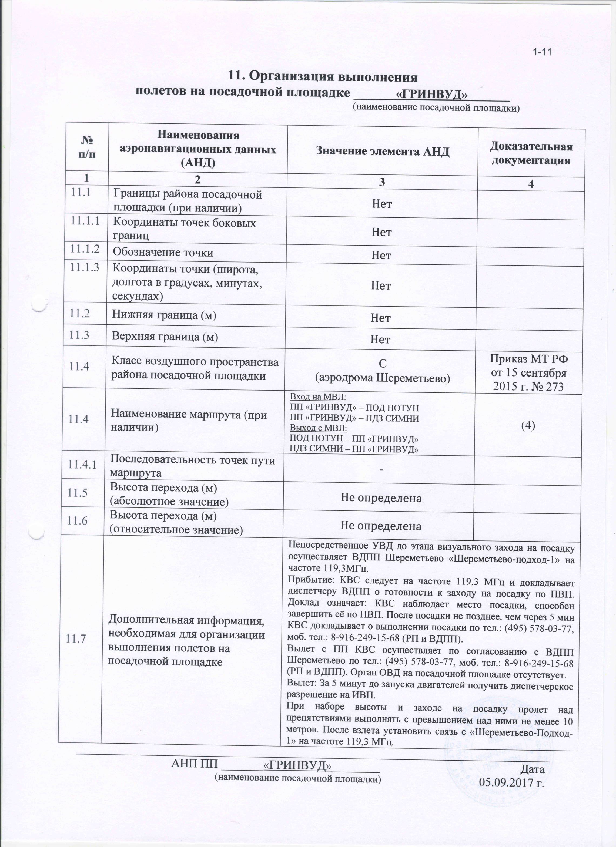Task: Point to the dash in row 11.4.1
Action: pyautogui.click(x=381, y=469)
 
